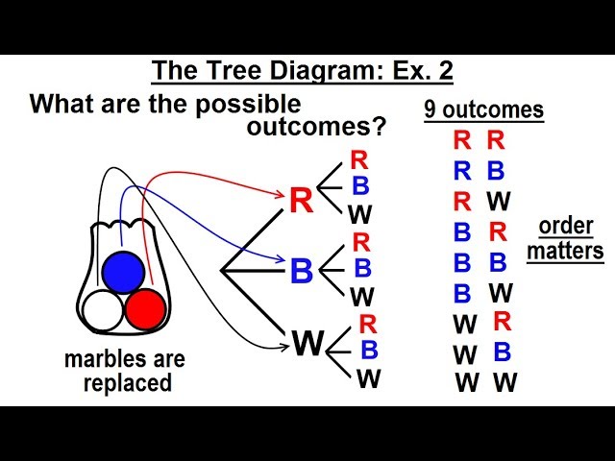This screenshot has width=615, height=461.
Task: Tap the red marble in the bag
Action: coord(146,309)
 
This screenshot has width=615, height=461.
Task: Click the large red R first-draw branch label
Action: coord(300,200)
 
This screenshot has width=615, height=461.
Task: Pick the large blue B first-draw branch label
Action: coord(301,272)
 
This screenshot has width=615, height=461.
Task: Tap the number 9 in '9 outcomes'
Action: coord(431,110)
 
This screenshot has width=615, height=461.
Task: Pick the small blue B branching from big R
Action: coord(360,185)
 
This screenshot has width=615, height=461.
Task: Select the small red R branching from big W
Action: coord(367,325)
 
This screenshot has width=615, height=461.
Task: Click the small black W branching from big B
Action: coord(362,296)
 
